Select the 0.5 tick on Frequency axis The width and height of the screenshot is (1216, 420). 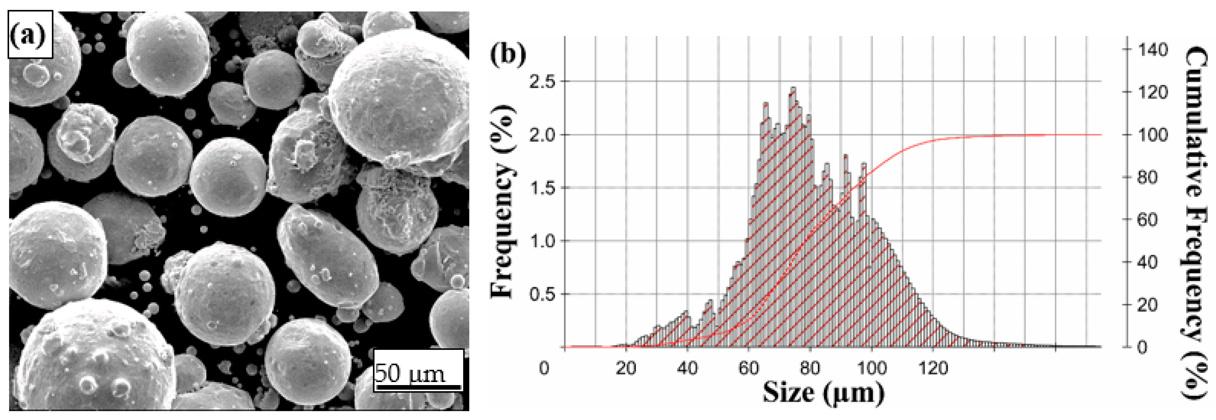click(x=542, y=294)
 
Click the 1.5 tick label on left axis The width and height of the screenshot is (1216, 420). click(x=542, y=188)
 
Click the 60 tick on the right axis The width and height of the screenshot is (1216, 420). click(x=1147, y=220)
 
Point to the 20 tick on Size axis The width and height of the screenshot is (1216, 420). click(x=626, y=368)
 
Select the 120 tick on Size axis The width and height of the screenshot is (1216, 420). click(x=933, y=368)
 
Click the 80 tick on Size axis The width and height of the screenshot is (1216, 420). click(x=810, y=368)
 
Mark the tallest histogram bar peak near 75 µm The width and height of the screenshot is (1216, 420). click(x=793, y=88)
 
